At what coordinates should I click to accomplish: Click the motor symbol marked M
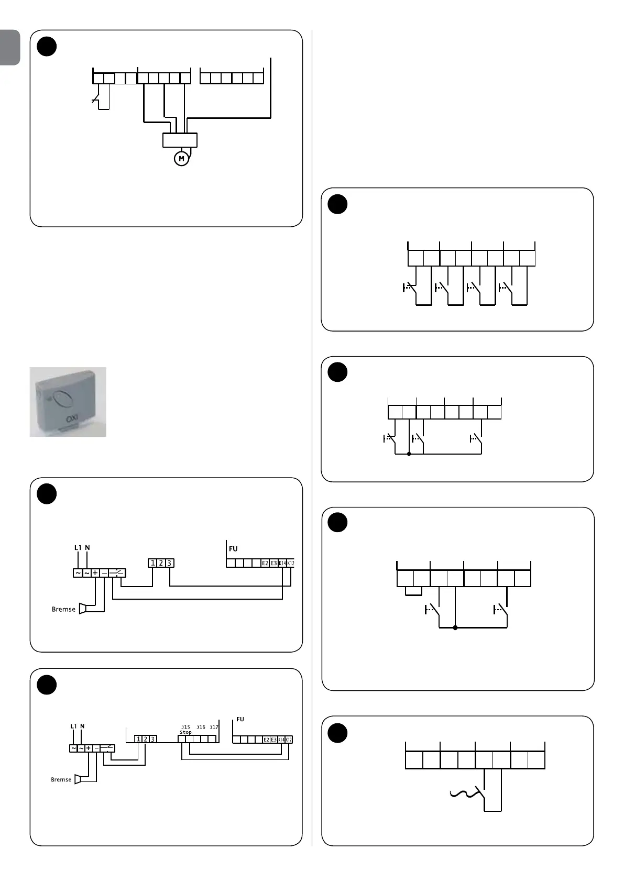(x=181, y=158)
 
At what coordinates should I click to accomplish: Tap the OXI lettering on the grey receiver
(x=72, y=419)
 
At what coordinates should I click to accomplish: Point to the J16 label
(x=201, y=727)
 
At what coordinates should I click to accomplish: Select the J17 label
(x=214, y=727)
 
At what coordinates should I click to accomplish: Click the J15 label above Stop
(x=185, y=727)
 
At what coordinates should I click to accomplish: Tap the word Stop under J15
(x=185, y=732)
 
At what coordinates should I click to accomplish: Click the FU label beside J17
(x=240, y=719)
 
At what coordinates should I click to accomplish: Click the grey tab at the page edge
(x=10, y=47)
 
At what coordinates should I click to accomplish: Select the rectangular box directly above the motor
(x=180, y=140)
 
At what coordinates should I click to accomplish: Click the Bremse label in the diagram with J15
(x=61, y=779)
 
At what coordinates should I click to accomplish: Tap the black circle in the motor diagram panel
(x=47, y=46)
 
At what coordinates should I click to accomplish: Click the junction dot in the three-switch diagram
(x=409, y=454)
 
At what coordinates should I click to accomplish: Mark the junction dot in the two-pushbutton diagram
(x=455, y=627)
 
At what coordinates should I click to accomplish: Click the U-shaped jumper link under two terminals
(x=413, y=592)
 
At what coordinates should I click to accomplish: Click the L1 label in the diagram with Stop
(x=73, y=726)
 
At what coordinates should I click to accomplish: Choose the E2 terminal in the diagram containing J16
(x=266, y=740)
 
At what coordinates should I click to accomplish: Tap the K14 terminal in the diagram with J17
(x=281, y=740)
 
